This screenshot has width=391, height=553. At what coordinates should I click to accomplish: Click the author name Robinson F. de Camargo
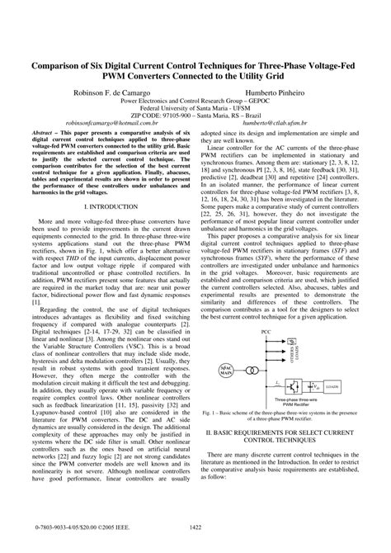111,94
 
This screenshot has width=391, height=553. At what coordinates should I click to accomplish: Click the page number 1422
195,529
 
